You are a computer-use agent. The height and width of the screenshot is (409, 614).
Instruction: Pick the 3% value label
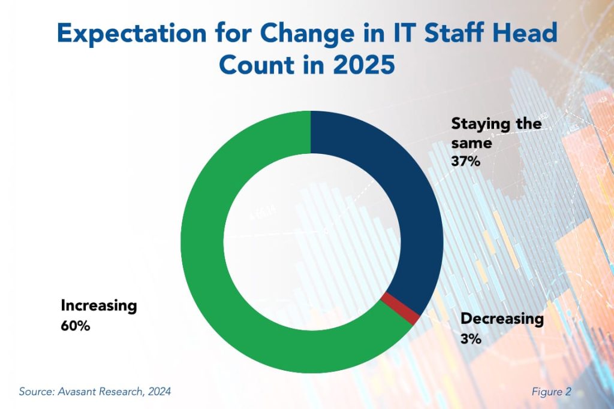(x=471, y=339)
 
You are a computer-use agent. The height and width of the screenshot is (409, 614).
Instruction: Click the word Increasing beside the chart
(x=99, y=306)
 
